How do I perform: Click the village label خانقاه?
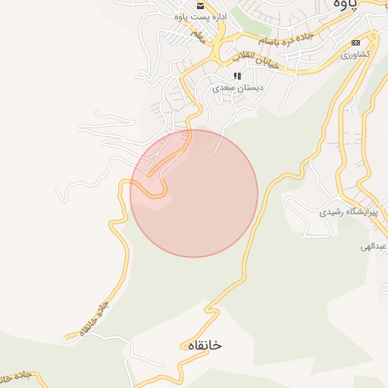202,345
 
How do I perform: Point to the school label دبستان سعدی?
238,88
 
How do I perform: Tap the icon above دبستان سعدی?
237,76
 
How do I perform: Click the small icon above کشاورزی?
355,42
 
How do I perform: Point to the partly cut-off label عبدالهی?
374,247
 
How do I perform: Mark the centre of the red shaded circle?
194,193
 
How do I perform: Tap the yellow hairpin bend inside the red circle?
161,180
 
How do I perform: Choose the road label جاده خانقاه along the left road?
89,318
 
